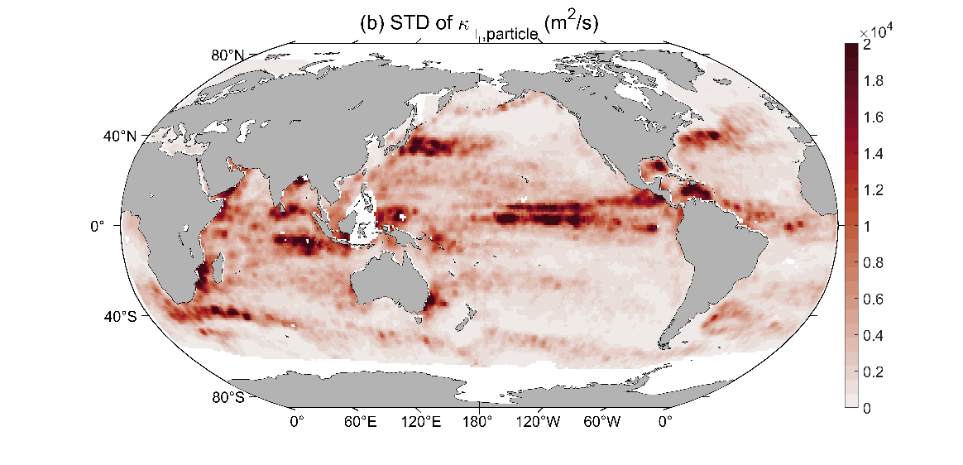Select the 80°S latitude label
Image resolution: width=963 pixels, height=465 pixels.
pyautogui.click(x=228, y=396)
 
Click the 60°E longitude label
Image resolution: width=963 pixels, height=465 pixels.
pyautogui.click(x=360, y=422)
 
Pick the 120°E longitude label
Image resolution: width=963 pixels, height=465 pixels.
pyautogui.click(x=420, y=422)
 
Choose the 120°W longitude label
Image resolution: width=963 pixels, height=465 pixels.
pyautogui.click(x=539, y=422)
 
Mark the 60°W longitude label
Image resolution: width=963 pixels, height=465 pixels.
pyautogui.click(x=601, y=422)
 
